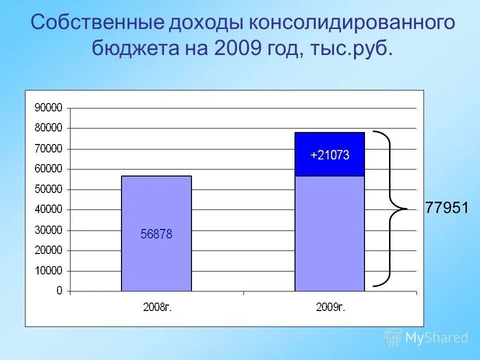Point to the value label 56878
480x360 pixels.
coord(156,234)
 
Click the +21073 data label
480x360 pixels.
coord(329,155)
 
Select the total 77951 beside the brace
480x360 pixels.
coord(446,207)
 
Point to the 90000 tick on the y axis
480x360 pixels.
coord(48,108)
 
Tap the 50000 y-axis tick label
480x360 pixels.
coord(48,189)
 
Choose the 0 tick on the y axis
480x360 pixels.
coord(59,291)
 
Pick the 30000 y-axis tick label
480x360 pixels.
coord(48,230)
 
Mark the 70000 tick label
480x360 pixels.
coord(48,148)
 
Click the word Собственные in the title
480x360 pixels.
coord(96,23)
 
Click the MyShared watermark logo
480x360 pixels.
coord(426,337)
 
